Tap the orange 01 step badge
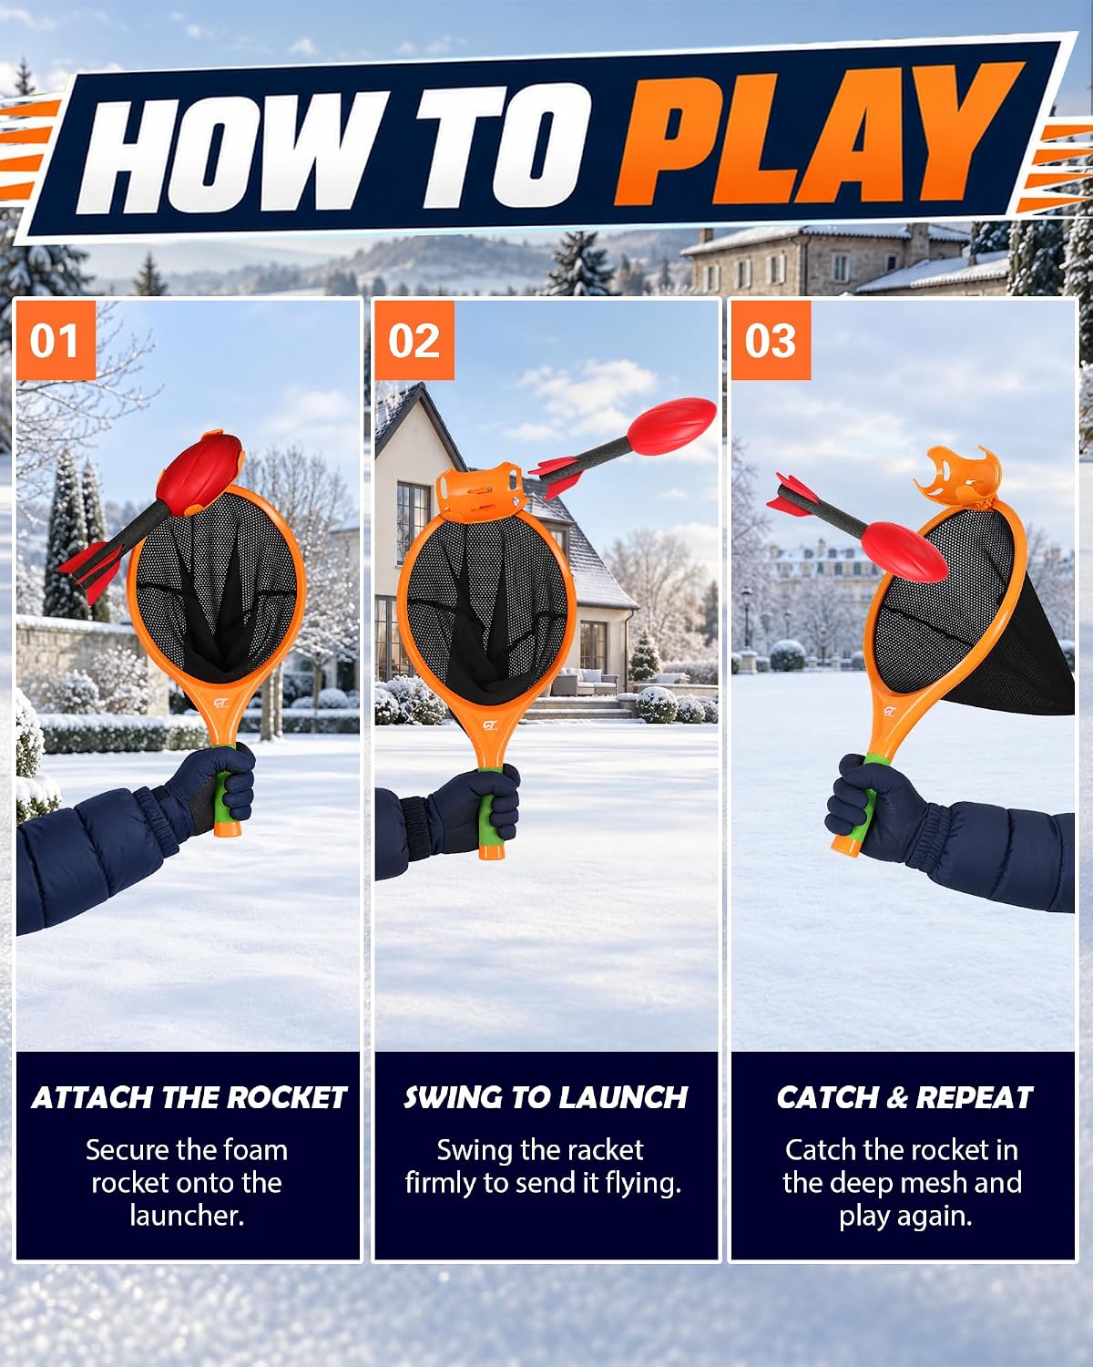click(56, 341)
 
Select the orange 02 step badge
click(414, 341)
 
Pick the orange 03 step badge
click(771, 341)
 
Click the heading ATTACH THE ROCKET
click(189, 1097)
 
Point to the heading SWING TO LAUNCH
click(546, 1097)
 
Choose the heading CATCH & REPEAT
click(904, 1097)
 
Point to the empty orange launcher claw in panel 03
click(957, 477)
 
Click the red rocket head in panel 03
click(904, 551)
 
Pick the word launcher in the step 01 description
click(187, 1216)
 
